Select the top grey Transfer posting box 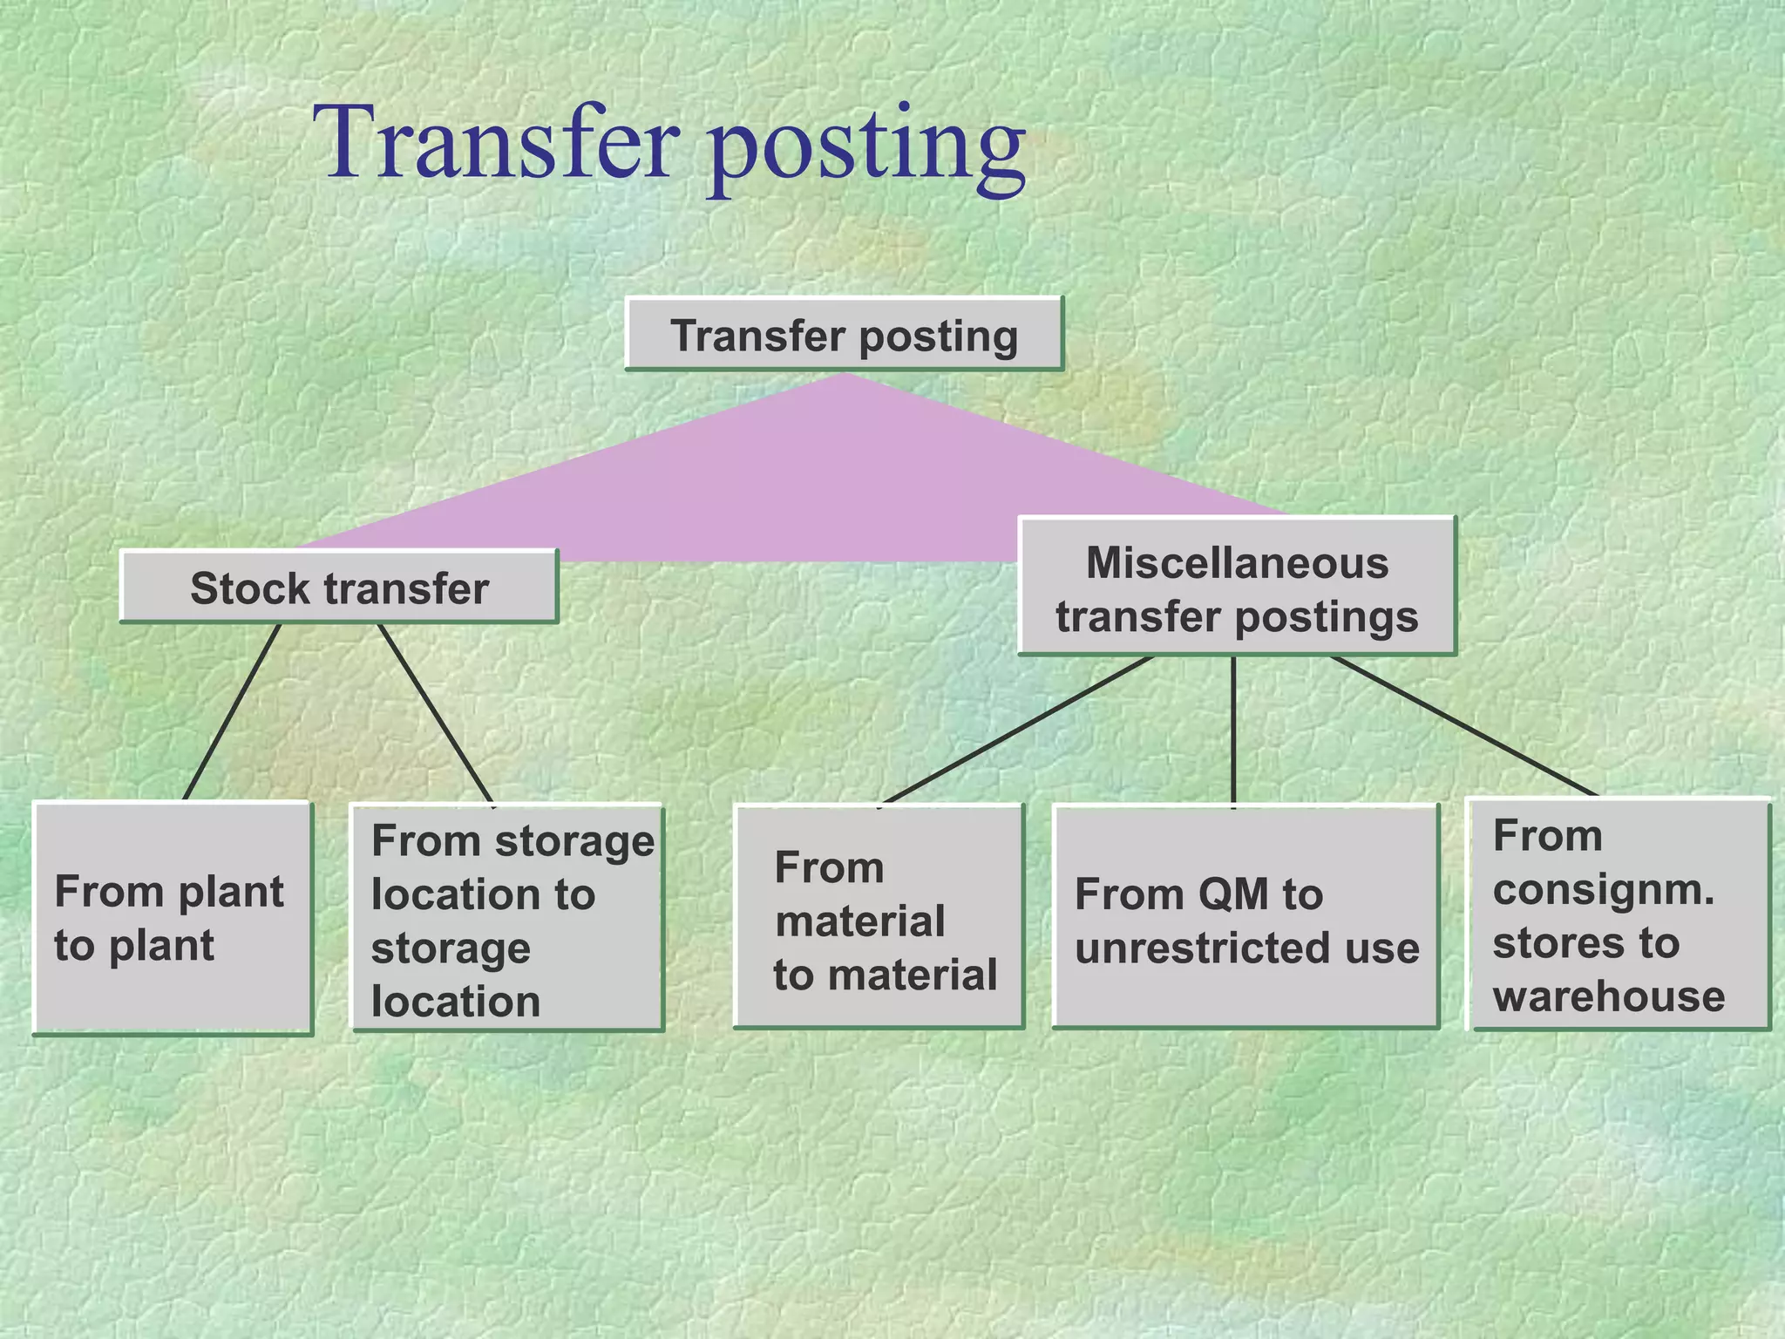click(844, 335)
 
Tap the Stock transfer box click(338, 587)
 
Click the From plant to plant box click(172, 917)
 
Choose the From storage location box click(507, 917)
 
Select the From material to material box click(879, 917)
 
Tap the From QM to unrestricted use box click(1245, 917)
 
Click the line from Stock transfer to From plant click(232, 711)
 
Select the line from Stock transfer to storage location click(436, 713)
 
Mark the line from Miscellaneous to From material click(1018, 729)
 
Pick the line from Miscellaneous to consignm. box click(1464, 725)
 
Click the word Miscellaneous click(1237, 562)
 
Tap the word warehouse click(1608, 996)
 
